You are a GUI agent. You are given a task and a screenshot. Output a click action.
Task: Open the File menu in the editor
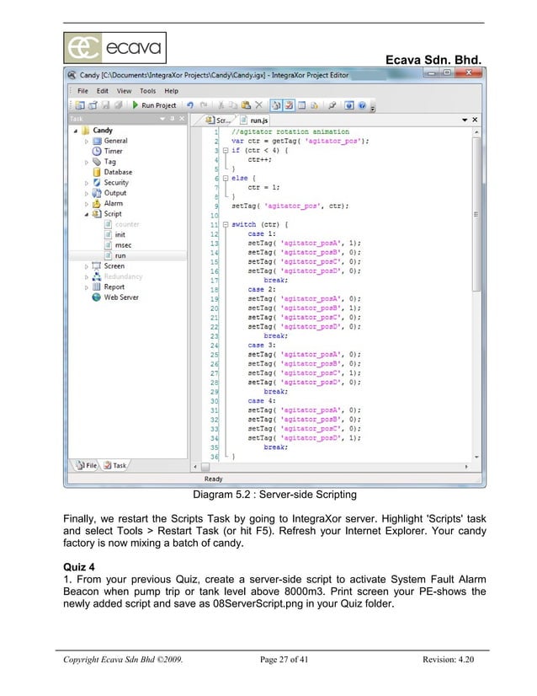(83, 90)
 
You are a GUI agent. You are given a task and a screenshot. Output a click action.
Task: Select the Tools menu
(147, 90)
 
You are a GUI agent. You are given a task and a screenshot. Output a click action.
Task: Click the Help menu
(171, 90)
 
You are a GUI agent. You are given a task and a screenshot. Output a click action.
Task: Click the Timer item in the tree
(113, 152)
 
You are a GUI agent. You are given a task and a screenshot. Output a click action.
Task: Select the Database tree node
(117, 172)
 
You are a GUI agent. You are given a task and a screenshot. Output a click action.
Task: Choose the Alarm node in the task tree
(113, 203)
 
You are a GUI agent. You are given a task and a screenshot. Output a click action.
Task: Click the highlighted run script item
(120, 254)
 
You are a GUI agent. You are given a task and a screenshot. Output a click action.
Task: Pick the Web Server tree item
(120, 297)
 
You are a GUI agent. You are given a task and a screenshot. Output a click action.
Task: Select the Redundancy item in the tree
(123, 276)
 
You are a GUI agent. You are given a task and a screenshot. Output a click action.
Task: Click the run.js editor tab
(258, 120)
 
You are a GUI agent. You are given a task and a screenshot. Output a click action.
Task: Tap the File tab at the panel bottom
(87, 465)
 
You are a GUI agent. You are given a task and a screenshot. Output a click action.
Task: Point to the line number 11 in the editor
(215, 225)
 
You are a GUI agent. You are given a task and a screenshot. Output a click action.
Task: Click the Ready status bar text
(214, 479)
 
